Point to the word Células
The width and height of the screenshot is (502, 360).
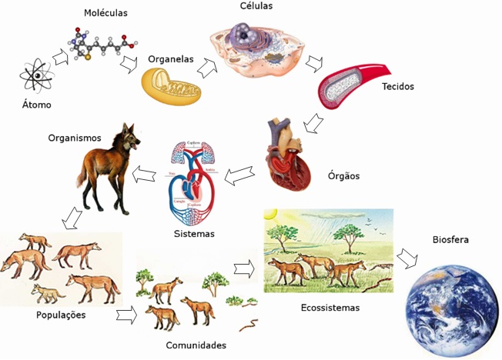256,7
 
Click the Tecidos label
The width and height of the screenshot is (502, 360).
397,87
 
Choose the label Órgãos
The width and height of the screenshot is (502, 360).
343,176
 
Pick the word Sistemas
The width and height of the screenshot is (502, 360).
194,233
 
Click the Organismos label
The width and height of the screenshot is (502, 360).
75,138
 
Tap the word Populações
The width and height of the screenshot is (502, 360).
60,315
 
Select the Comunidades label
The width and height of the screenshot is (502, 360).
196,345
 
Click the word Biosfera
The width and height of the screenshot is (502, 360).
450,240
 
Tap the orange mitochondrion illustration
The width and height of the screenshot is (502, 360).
171,85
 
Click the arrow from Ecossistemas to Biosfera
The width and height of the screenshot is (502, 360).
407,258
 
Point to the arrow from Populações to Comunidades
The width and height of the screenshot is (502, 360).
128,315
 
